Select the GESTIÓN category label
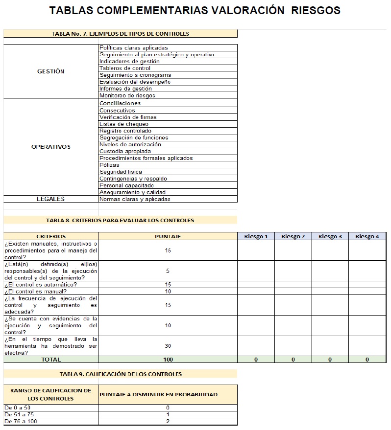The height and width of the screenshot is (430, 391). click(x=50, y=71)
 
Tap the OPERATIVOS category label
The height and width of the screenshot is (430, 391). click(x=50, y=147)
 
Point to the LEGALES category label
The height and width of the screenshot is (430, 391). click(x=50, y=199)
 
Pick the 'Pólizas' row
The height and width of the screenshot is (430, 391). click(x=109, y=165)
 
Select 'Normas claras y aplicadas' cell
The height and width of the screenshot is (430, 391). click(x=135, y=200)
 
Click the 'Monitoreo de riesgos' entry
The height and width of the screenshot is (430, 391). click(x=127, y=96)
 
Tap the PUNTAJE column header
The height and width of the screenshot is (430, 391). click(x=168, y=237)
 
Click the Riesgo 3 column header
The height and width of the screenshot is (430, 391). click(x=330, y=237)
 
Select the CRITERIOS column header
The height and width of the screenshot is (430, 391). click(x=50, y=237)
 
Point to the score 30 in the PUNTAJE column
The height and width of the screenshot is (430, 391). click(x=168, y=346)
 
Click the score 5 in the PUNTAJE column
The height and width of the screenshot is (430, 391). click(x=168, y=271)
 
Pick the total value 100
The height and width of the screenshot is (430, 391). click(x=168, y=360)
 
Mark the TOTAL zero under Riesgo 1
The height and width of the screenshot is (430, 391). click(x=256, y=360)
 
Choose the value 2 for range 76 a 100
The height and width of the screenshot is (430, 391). click(x=168, y=421)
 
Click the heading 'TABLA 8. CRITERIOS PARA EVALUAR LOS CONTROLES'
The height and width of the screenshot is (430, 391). click(x=120, y=220)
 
